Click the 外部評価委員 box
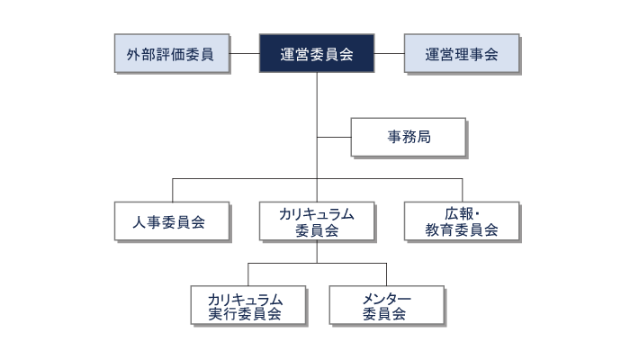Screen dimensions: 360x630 tap(171, 54)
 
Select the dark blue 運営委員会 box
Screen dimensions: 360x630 tap(317, 54)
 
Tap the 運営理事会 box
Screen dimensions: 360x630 tap(462, 54)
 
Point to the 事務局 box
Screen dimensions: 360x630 tap(408, 138)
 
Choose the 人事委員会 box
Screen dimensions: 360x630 tap(171, 221)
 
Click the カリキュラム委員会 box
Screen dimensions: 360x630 tap(317, 221)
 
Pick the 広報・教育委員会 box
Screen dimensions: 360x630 tap(462, 221)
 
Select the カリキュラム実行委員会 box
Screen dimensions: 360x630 tap(248, 305)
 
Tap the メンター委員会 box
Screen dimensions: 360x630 tap(386, 305)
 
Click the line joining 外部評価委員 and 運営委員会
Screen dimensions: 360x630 tap(244, 54)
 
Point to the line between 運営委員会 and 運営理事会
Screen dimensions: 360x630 tap(389, 54)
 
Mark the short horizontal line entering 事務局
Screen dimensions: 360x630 tap(334, 138)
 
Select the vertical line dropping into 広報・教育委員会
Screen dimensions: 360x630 tap(462, 191)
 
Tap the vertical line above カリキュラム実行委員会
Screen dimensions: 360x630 tap(248, 274)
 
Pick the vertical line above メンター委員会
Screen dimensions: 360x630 tap(386, 274)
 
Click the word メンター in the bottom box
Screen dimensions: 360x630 tap(386, 298)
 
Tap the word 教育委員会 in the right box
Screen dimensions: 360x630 tap(462, 230)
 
